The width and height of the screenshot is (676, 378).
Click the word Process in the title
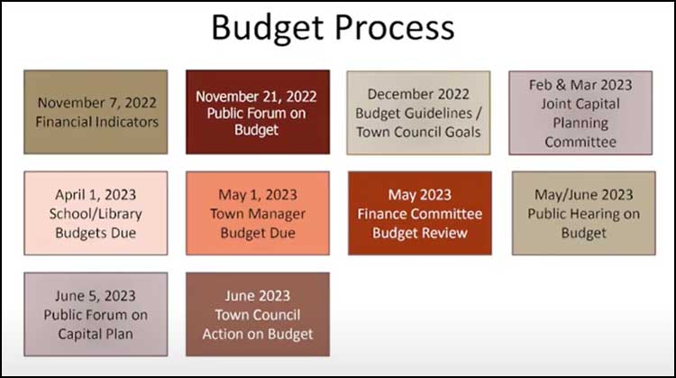pyautogui.click(x=394, y=27)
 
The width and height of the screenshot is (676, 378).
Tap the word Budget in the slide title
pyautogui.click(x=268, y=29)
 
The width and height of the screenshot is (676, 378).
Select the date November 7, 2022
pyautogui.click(x=96, y=103)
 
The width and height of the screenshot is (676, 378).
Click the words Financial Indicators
pyautogui.click(x=96, y=122)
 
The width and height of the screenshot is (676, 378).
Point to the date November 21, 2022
pyautogui.click(x=256, y=97)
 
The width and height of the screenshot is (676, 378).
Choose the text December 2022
pyautogui.click(x=418, y=94)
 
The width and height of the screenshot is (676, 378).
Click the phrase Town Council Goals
pyautogui.click(x=418, y=132)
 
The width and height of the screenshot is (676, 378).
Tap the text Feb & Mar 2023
pyautogui.click(x=580, y=85)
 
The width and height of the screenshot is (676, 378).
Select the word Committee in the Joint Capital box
pyautogui.click(x=580, y=142)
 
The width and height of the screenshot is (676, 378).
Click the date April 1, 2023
pyautogui.click(x=96, y=195)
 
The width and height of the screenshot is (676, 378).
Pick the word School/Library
pyautogui.click(x=96, y=214)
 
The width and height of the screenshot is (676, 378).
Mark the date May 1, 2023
pyautogui.click(x=258, y=195)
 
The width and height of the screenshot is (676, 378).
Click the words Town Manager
pyautogui.click(x=258, y=214)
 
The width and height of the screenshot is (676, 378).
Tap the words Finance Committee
pyautogui.click(x=419, y=214)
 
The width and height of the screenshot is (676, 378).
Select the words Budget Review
pyautogui.click(x=419, y=233)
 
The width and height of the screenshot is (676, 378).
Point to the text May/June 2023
pyautogui.click(x=584, y=195)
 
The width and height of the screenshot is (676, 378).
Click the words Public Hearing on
pyautogui.click(x=584, y=214)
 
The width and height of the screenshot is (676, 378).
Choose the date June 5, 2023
pyautogui.click(x=96, y=296)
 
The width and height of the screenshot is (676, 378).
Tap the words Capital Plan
pyautogui.click(x=96, y=334)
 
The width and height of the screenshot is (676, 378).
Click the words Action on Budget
pyautogui.click(x=258, y=334)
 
